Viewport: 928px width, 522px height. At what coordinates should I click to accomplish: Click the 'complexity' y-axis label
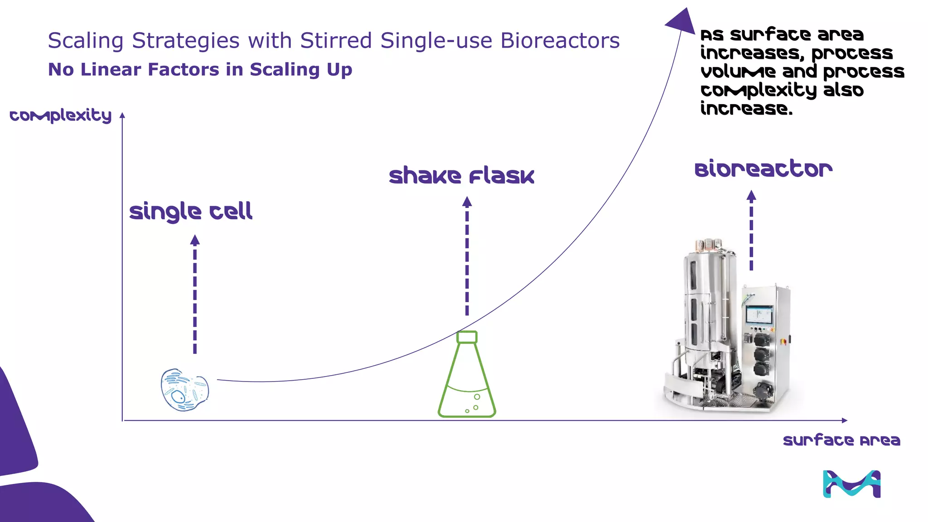tap(61, 116)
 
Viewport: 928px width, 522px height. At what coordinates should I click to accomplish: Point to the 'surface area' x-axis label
tap(841, 440)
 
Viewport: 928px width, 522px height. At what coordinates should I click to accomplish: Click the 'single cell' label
tap(191, 212)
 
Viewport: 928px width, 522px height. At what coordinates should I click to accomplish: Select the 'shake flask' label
tap(462, 176)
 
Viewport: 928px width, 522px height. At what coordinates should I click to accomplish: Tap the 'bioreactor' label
tap(764, 169)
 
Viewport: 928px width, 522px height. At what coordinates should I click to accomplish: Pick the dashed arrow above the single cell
tap(195, 295)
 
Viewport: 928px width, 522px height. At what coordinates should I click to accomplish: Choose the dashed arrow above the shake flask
tap(467, 256)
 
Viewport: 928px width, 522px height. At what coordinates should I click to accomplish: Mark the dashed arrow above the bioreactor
tap(751, 231)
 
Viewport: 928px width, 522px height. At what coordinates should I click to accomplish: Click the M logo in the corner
tap(851, 484)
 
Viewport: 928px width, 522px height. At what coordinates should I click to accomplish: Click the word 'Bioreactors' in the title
tap(560, 41)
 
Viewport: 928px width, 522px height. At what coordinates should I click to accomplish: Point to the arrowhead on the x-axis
tap(844, 420)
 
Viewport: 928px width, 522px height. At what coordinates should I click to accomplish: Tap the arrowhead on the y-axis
tap(122, 116)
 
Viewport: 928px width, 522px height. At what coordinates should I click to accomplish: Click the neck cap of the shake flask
tap(467, 337)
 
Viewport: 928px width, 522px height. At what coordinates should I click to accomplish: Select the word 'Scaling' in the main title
tap(86, 41)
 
